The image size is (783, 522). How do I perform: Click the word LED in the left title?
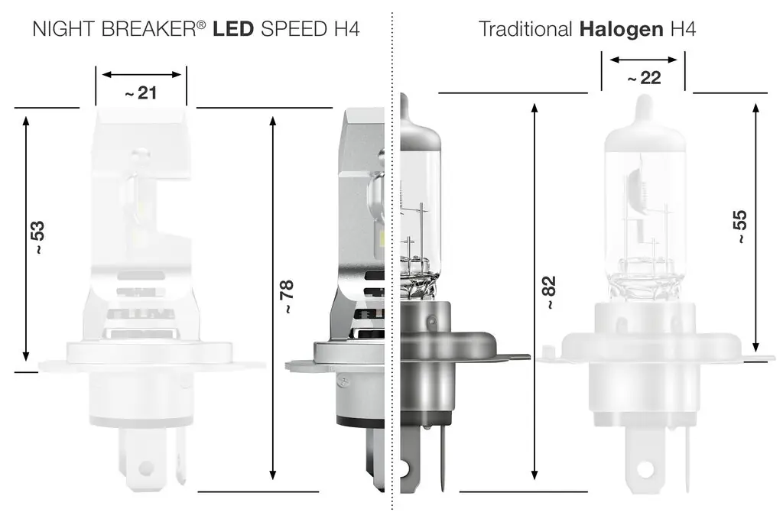tap(234, 29)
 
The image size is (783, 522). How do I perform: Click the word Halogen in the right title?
tap(621, 29)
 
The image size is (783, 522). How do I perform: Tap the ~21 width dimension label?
tap(141, 92)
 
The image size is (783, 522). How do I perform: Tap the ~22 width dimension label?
tap(643, 78)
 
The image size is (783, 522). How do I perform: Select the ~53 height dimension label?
tap(37, 238)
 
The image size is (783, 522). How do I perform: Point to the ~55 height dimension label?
tap(739, 226)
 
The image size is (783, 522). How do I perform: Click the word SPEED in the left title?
tap(294, 29)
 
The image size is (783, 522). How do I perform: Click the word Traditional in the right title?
tap(525, 29)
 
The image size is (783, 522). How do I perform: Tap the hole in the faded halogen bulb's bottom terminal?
tap(647, 467)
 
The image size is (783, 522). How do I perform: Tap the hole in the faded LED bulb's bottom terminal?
tap(145, 468)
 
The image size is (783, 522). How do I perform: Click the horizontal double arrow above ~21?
tap(141, 74)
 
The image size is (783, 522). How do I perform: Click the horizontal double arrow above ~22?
tap(643, 59)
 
